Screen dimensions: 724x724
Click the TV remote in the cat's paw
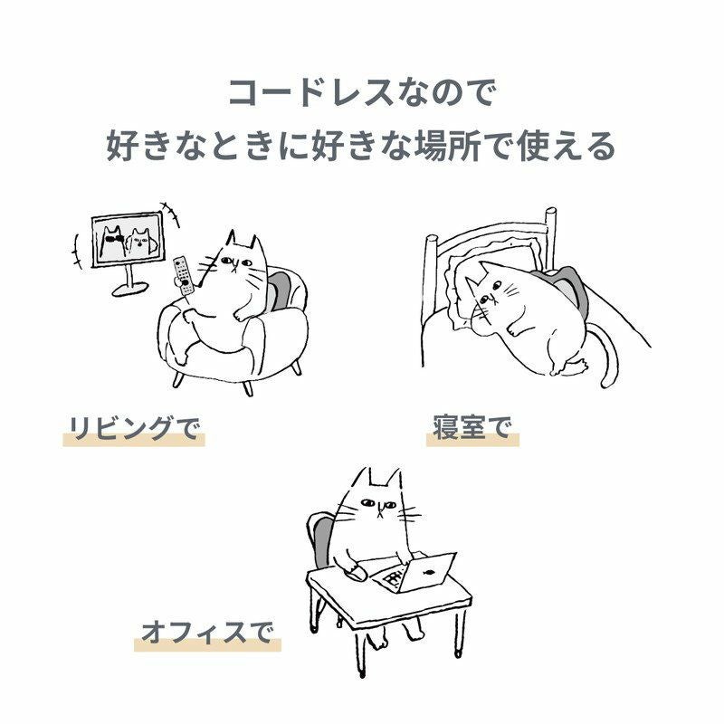pyautogui.click(x=183, y=275)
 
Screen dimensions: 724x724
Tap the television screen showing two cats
pyautogui.click(x=129, y=239)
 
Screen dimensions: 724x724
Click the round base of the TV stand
pyautogui.click(x=130, y=290)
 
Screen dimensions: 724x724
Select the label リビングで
pyautogui.click(x=134, y=428)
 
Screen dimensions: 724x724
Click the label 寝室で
pyautogui.click(x=472, y=427)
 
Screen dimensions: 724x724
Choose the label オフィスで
pyautogui.click(x=207, y=632)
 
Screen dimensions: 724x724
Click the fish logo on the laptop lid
pyautogui.click(x=428, y=572)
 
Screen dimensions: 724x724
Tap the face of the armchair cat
pyautogui.click(x=235, y=264)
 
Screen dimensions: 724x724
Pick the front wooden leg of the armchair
pyautogui.click(x=248, y=388)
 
